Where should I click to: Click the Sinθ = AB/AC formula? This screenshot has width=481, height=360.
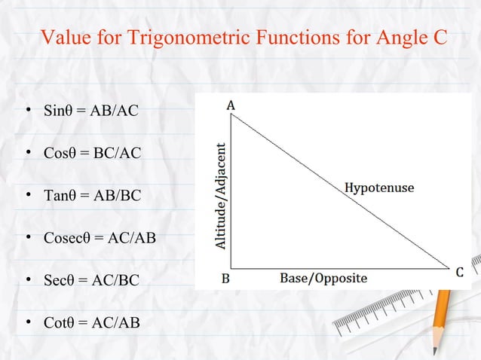90,111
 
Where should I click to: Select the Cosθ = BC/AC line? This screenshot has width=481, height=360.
91,154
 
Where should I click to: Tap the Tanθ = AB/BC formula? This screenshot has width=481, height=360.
91,196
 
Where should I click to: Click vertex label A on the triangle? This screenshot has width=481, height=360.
231,106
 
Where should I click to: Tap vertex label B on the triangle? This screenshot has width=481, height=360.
225,278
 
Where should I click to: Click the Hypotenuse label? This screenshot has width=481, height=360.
379,188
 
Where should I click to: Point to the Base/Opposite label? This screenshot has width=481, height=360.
323,278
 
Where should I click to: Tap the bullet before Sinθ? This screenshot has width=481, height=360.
27,111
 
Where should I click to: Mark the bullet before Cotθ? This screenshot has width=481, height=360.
27,323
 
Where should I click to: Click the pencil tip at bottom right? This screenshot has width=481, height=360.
435,350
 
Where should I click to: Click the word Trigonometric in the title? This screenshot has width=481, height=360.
173,38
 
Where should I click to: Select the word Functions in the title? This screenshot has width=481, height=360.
289,38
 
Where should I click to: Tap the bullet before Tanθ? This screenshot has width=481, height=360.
27,196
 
